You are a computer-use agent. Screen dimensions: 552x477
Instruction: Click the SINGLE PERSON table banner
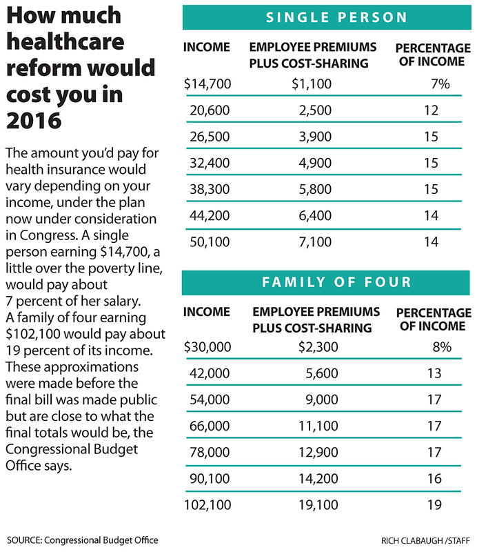pos(327,17)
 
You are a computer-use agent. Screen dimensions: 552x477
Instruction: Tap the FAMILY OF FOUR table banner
pos(327,282)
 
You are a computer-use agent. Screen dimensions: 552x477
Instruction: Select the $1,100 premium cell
pos(311,85)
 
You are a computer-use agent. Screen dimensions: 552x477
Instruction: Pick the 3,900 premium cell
pos(314,137)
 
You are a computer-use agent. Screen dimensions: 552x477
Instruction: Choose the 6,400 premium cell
pos(314,216)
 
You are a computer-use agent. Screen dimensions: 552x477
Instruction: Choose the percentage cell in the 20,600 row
pos(431,110)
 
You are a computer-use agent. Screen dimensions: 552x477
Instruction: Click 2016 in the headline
pos(34,120)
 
